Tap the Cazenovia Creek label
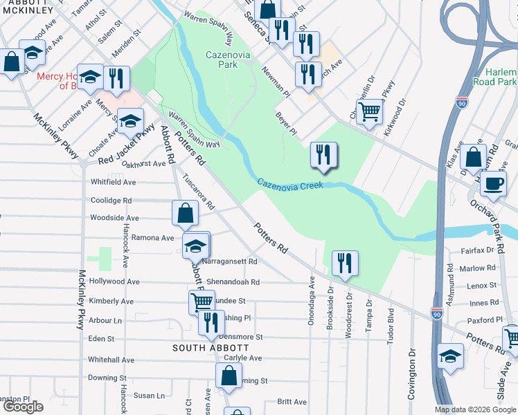[x=291, y=185]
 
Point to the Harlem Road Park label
[x=496, y=77]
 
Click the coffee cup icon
[x=493, y=184]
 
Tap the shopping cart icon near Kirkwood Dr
[x=370, y=111]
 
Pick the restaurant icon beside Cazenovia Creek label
[x=323, y=155]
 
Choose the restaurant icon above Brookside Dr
[x=344, y=264]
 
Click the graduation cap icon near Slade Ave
[x=450, y=356]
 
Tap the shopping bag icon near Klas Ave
[x=473, y=157]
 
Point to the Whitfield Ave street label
[x=114, y=182]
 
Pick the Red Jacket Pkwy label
[x=125, y=149]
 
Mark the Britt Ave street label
[x=292, y=402]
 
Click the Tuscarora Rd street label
[x=199, y=192]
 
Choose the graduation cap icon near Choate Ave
[x=129, y=122]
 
